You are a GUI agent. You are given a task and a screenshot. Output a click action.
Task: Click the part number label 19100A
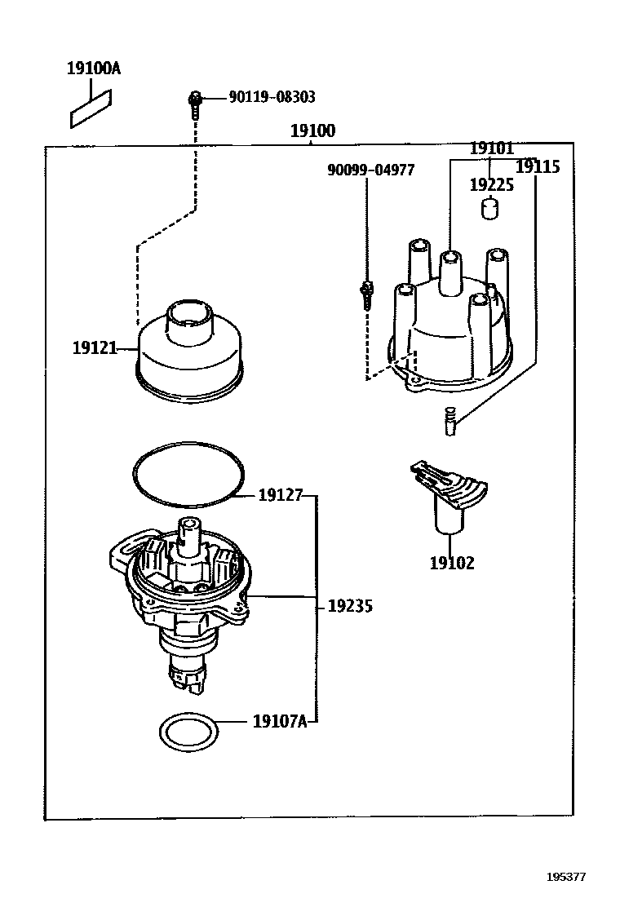pos(93,69)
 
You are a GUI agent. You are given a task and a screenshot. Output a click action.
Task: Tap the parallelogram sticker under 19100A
pos(91,109)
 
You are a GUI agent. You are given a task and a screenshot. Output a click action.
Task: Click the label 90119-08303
pos(272,97)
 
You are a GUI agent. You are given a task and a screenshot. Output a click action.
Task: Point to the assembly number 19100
pos(312,131)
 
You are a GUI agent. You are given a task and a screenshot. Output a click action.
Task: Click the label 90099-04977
pos(370,170)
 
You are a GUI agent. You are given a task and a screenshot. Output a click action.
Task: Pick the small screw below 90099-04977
pos(367,294)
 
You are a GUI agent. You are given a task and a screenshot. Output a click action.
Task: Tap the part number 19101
pos(491,148)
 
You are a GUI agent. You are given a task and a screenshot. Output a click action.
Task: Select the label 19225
pos(491,185)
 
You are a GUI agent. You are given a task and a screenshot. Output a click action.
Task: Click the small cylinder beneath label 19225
pos(489,210)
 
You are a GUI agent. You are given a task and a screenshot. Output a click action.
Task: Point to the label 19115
pos(538,167)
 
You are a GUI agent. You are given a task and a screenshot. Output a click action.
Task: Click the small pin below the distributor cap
pos(449,421)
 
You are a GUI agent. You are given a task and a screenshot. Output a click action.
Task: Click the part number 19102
pos(451,563)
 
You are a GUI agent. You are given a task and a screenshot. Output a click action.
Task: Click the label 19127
pos(281,495)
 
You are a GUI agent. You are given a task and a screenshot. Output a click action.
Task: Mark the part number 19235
pos(350,606)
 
